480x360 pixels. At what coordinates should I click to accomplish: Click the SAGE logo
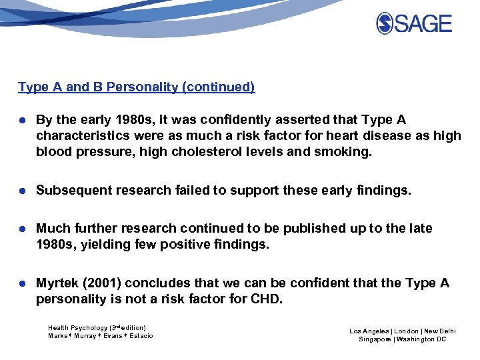tap(414, 24)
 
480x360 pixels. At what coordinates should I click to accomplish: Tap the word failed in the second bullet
tap(193, 191)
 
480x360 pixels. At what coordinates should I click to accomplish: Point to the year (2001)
tap(102, 283)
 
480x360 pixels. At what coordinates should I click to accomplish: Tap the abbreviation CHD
tap(267, 299)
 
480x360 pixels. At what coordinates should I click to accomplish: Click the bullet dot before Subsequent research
tap(22, 191)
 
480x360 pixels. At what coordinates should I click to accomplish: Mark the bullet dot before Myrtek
tap(22, 284)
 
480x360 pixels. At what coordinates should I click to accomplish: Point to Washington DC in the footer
tap(422, 339)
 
